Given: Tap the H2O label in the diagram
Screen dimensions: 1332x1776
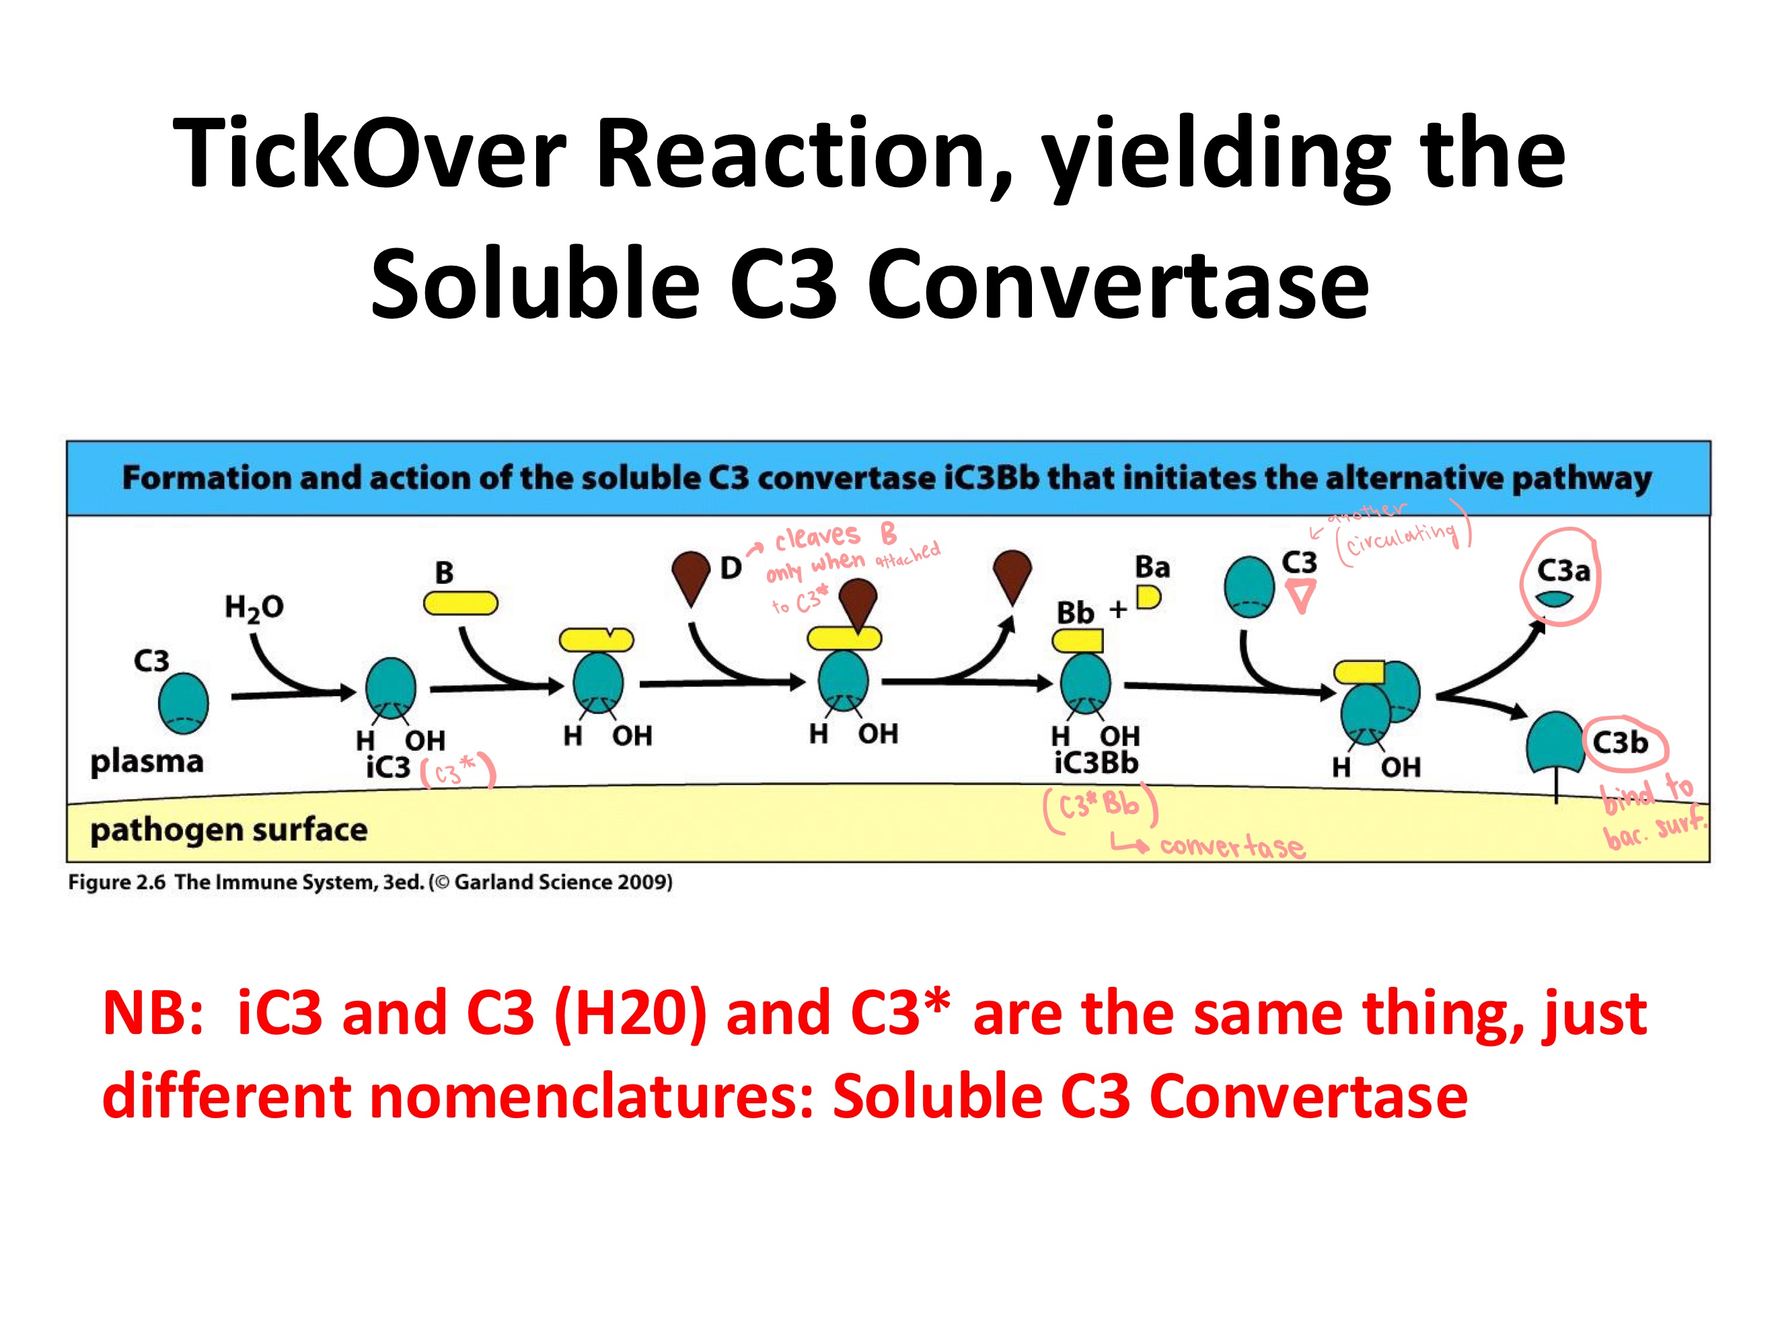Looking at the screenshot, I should (254, 607).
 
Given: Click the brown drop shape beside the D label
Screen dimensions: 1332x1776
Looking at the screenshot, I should (690, 575).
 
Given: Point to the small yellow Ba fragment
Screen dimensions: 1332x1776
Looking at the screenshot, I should (1148, 597).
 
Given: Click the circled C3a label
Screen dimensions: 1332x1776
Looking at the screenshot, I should (1563, 571).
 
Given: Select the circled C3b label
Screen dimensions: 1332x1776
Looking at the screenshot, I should (1620, 743).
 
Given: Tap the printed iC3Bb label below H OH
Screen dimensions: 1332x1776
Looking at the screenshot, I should (1096, 762).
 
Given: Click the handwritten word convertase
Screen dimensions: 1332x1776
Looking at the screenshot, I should (1232, 846).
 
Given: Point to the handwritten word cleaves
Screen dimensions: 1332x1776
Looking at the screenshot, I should (817, 537).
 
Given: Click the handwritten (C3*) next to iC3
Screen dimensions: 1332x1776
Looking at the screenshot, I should (457, 772).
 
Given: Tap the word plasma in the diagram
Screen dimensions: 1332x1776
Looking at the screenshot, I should (147, 761).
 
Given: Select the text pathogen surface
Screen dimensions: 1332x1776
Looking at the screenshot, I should (229, 829).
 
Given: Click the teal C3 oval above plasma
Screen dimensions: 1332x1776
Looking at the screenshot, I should (183, 702).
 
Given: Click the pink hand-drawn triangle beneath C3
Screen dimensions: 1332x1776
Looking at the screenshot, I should (1300, 597).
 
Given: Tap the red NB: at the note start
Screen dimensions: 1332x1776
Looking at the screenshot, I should (153, 1013).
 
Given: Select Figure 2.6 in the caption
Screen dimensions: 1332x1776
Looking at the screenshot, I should (116, 883).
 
